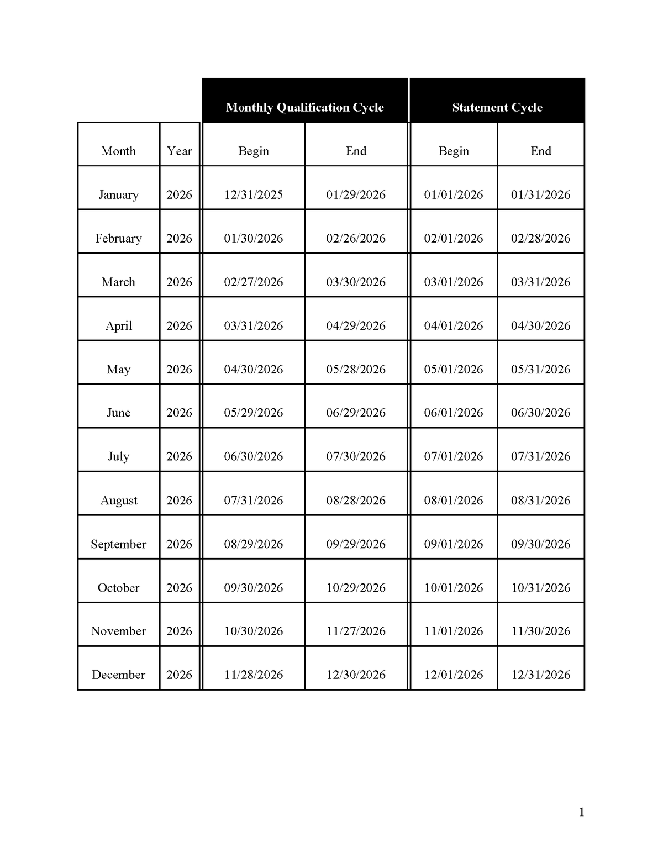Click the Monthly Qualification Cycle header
(304, 107)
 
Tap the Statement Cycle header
(497, 107)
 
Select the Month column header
(118, 151)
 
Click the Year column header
(179, 151)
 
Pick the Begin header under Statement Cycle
(454, 151)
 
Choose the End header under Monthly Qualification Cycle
(356, 151)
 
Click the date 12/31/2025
(253, 194)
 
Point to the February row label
(118, 238)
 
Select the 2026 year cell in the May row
(179, 369)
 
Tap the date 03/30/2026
(356, 282)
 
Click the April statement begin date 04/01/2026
(454, 325)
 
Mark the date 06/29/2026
(356, 413)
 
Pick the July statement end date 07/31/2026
(540, 456)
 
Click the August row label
(118, 501)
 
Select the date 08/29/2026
(253, 544)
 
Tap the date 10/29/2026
(356, 588)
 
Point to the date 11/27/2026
(356, 631)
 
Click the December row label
(118, 675)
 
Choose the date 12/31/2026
(540, 675)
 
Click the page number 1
(581, 812)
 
